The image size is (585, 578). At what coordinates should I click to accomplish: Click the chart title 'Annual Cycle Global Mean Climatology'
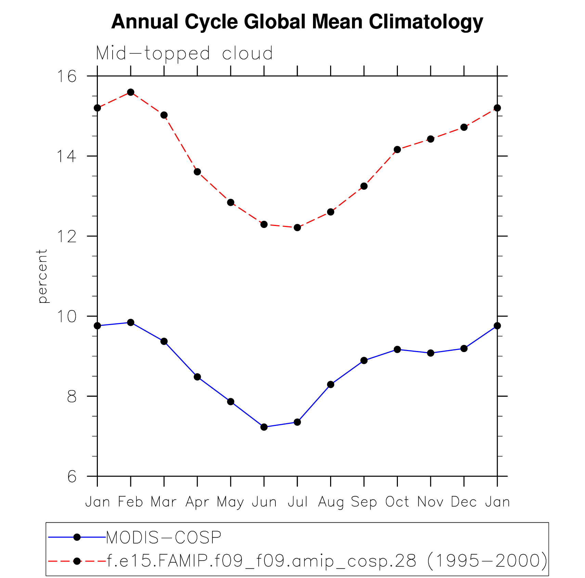click(297, 22)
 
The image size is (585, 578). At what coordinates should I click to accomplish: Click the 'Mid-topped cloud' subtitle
click(184, 53)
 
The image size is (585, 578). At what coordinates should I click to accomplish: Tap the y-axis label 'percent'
click(42, 276)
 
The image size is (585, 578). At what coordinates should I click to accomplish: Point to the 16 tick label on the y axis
click(67, 76)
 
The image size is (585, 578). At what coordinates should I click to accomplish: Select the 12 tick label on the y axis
click(67, 236)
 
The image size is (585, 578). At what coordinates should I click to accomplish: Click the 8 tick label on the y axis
click(71, 396)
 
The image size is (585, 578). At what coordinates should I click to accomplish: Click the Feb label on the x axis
click(130, 502)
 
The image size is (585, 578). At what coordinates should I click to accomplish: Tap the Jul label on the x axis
click(297, 502)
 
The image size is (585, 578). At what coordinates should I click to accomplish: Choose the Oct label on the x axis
click(397, 502)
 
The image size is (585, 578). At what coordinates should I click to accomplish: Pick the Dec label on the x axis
click(464, 502)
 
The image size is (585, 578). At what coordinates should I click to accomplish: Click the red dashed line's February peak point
click(131, 92)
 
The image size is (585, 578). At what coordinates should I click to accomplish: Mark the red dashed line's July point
click(297, 228)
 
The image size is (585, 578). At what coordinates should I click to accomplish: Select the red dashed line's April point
click(197, 172)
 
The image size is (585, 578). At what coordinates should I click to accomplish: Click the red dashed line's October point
click(397, 149)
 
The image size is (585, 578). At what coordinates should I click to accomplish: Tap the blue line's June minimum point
click(264, 427)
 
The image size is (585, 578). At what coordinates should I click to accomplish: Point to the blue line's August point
click(330, 385)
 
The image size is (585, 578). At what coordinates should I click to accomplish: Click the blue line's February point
click(131, 322)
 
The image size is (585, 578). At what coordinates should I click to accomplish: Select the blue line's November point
click(430, 353)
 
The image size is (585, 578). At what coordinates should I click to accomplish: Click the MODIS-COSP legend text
click(164, 537)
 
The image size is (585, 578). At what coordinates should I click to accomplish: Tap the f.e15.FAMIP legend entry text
click(327, 561)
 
